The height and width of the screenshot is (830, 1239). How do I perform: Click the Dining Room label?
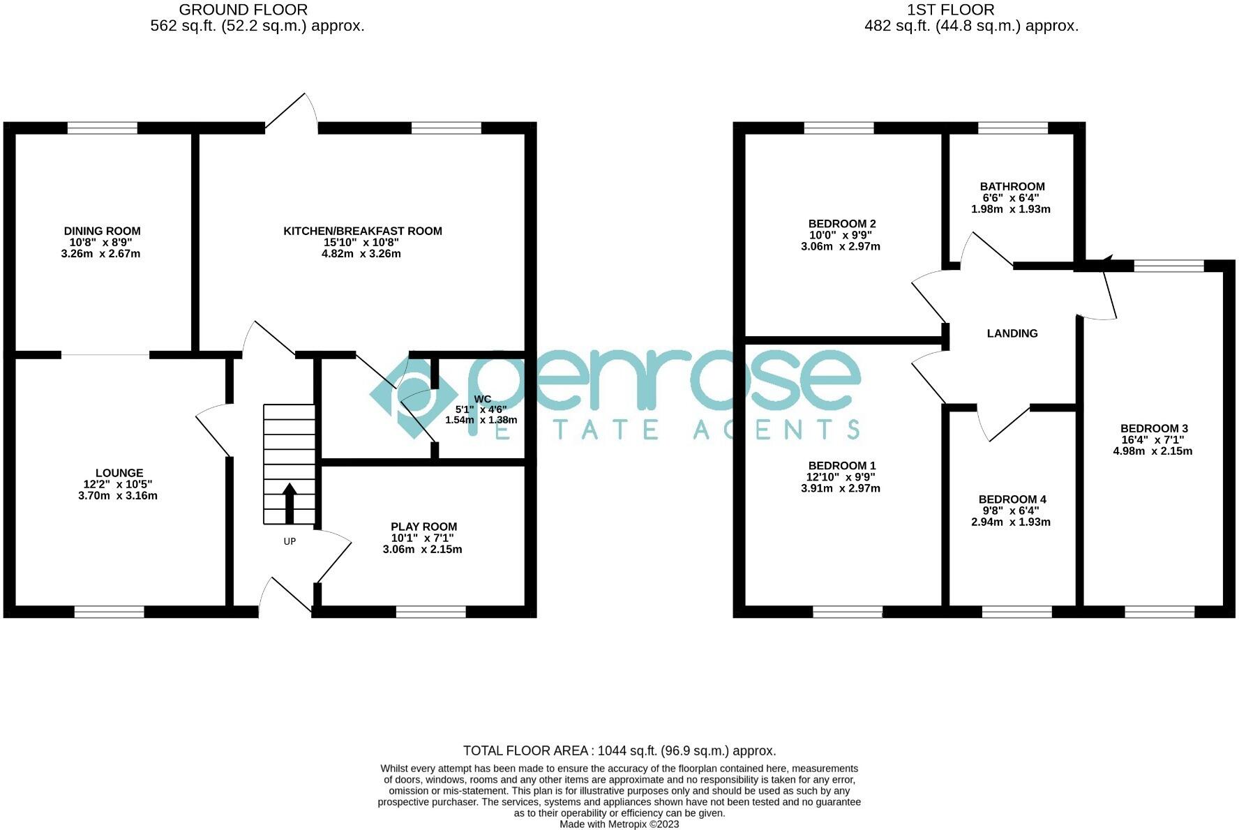coord(102,231)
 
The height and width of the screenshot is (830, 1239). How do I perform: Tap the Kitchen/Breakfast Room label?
coord(362,231)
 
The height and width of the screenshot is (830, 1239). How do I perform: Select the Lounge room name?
coord(119,473)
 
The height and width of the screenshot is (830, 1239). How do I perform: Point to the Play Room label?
coord(423,527)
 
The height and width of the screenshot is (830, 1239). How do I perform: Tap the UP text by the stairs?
coord(290,541)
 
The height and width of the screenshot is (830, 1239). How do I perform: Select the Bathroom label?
coord(1012,186)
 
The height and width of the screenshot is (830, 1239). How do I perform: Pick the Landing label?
coord(1012,333)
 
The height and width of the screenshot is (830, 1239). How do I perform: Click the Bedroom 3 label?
coord(1153,428)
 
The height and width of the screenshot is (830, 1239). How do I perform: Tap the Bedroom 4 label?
coord(1012,499)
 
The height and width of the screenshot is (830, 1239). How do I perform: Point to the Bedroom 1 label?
coord(841,466)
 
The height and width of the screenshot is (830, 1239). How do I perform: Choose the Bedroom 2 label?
coord(841,224)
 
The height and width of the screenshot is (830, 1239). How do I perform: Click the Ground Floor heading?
coord(243,10)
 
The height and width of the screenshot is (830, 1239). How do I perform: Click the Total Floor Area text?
coord(619,751)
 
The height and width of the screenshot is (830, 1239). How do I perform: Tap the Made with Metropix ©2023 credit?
coord(619,824)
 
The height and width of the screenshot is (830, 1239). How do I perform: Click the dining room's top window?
coord(102,128)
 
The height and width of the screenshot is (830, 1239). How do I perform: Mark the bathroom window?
coord(1013,128)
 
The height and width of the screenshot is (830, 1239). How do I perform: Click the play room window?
coord(430,612)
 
